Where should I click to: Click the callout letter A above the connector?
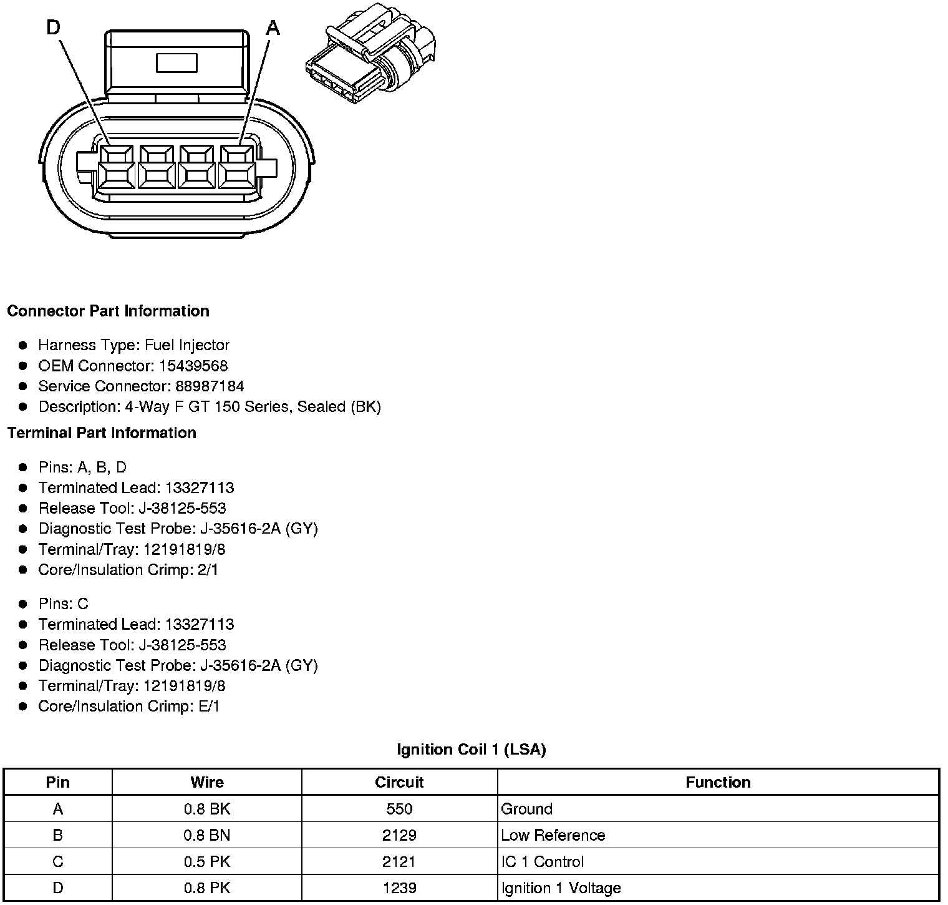pos(273,28)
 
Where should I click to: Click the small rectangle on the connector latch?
pos(177,63)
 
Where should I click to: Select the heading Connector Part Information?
pos(108,311)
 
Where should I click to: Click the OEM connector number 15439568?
pos(193,366)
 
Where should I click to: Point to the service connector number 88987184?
pos(210,386)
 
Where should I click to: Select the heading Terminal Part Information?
pos(102,433)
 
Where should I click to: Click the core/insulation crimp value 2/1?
pos(208,570)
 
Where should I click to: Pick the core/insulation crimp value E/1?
pos(208,707)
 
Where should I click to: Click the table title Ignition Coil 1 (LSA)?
pos(471,750)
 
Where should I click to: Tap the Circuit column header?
pos(399,782)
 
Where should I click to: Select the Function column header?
pos(718,782)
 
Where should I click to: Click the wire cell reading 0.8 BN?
pos(206,835)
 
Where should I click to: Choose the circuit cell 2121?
pos(399,861)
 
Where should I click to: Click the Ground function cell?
pos(527,809)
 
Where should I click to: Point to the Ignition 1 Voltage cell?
pos(561,888)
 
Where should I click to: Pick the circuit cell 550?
pos(399,809)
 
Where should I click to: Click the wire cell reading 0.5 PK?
pos(206,861)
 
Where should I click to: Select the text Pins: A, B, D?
pos(82,467)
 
